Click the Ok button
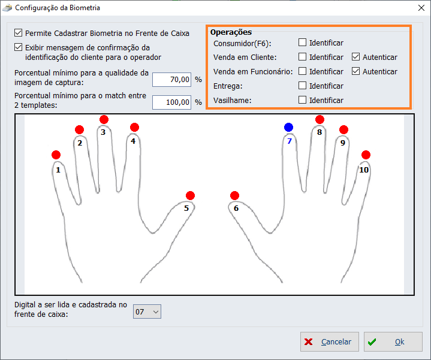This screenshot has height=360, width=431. (393, 341)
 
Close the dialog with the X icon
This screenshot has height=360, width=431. (421, 8)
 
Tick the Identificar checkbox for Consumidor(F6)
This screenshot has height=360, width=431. (302, 43)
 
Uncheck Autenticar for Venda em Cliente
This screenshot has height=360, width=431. (355, 57)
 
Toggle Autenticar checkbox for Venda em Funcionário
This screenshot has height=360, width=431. (355, 71)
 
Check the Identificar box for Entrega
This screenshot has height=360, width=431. (302, 86)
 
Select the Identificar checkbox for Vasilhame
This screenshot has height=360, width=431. (302, 99)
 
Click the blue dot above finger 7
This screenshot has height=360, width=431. (288, 128)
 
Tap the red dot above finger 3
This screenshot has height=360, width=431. (104, 120)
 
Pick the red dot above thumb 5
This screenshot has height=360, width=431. (190, 195)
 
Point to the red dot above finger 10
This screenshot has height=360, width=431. (366, 155)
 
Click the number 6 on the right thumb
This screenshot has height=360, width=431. (236, 208)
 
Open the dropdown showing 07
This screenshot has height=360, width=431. (147, 311)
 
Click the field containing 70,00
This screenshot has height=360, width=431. (172, 80)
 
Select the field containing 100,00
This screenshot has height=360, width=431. (172, 102)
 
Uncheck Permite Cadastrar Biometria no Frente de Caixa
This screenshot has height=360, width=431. (18, 33)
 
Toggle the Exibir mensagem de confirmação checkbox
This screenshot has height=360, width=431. (18, 47)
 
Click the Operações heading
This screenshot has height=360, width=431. (231, 32)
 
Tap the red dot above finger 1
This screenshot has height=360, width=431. (56, 155)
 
